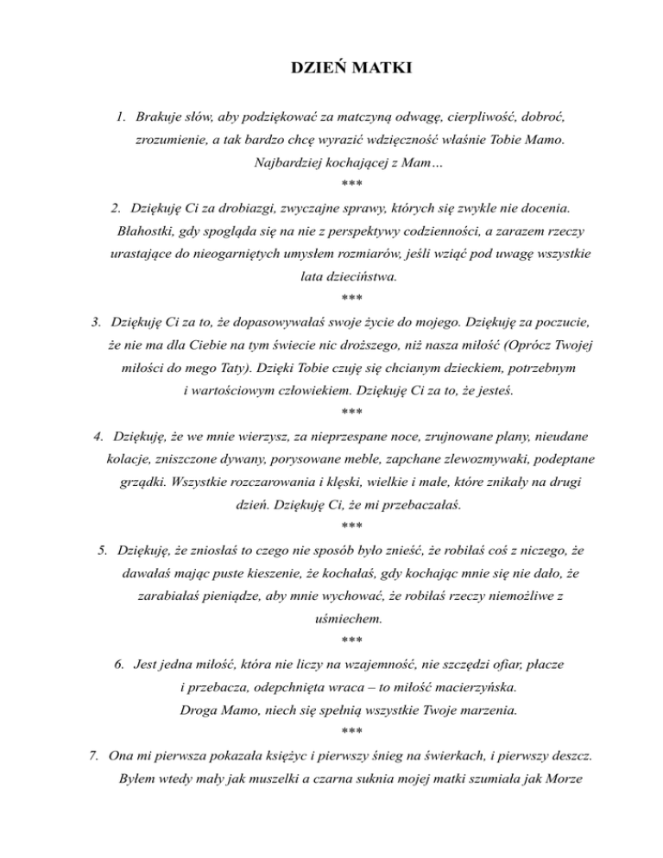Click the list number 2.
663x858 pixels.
pyautogui.click(x=116, y=208)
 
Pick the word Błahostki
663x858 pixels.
pyautogui.click(x=143, y=231)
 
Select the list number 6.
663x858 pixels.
pyautogui.click(x=118, y=666)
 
